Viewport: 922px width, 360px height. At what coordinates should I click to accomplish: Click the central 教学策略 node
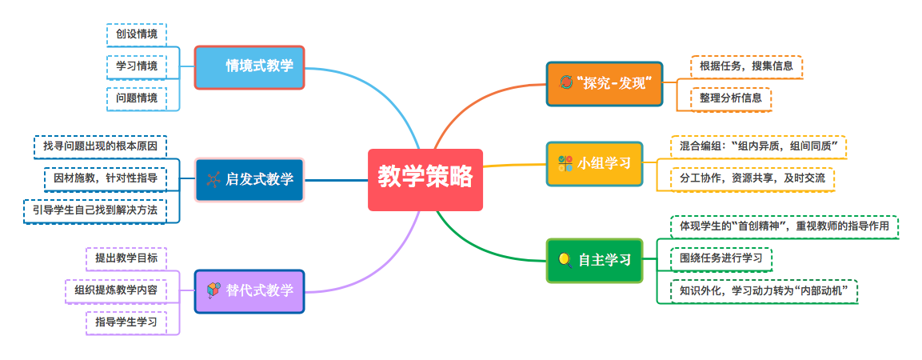pyautogui.click(x=425, y=179)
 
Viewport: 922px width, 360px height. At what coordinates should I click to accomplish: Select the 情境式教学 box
pyautogui.click(x=249, y=67)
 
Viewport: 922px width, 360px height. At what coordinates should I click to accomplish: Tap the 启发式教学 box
pyautogui.click(x=249, y=179)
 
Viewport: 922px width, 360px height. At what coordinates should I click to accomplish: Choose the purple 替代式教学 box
pyautogui.click(x=249, y=291)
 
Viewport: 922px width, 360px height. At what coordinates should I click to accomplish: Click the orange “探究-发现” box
pyautogui.click(x=605, y=84)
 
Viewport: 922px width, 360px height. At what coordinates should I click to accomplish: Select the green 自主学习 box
pyautogui.click(x=594, y=260)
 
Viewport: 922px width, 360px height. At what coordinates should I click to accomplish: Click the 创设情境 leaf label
pyautogui.click(x=137, y=34)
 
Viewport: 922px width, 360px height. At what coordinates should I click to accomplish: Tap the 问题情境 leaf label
pyautogui.click(x=137, y=98)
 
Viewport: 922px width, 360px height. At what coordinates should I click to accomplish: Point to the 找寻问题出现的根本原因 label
pyautogui.click(x=100, y=146)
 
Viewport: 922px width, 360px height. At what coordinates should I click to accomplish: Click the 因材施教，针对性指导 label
pyautogui.click(x=106, y=179)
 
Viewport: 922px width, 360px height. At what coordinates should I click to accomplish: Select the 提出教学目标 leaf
pyautogui.click(x=126, y=258)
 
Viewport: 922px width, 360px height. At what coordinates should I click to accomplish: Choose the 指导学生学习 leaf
pyautogui.click(x=126, y=322)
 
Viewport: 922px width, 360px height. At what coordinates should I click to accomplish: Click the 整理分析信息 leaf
pyautogui.click(x=730, y=99)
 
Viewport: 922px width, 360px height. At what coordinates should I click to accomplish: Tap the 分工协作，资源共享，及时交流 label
pyautogui.click(x=752, y=178)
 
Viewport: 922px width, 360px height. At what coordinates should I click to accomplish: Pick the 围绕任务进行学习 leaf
pyautogui.click(x=721, y=259)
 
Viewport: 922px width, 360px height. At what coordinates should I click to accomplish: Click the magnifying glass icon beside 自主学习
pyautogui.click(x=565, y=260)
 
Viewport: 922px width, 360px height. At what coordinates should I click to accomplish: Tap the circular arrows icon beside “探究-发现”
pyautogui.click(x=565, y=82)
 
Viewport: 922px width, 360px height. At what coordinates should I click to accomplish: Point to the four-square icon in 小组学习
pyautogui.click(x=565, y=163)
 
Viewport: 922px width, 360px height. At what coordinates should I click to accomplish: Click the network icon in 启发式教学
pyautogui.click(x=214, y=179)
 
